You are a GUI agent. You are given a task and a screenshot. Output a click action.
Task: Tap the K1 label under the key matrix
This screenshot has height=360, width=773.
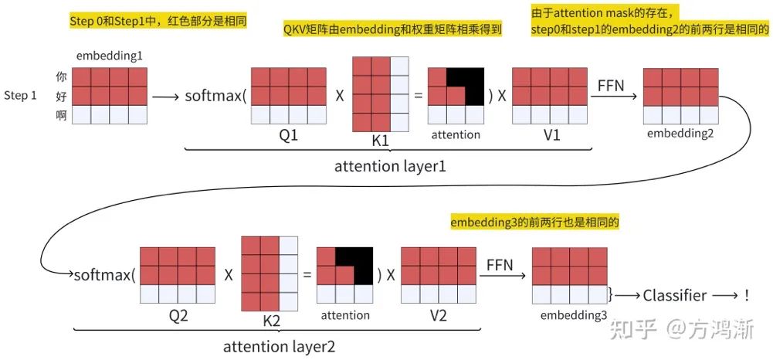tap(380, 141)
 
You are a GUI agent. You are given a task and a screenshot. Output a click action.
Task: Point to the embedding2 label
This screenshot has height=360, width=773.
tap(680, 134)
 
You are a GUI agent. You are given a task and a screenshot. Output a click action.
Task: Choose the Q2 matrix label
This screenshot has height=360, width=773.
tap(177, 316)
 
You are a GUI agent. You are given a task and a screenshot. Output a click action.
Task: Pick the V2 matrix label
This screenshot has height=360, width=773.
tap(438, 316)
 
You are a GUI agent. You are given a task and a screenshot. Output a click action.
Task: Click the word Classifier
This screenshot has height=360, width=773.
tap(675, 295)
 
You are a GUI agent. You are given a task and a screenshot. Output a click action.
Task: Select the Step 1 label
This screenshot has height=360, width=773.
tap(21, 96)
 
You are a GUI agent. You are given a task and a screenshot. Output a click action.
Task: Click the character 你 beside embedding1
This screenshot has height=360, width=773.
tap(62, 77)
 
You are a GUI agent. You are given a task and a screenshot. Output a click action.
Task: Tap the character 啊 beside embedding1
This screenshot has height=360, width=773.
tap(62, 115)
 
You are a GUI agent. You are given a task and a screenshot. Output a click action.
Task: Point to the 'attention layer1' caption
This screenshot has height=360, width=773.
tap(390, 167)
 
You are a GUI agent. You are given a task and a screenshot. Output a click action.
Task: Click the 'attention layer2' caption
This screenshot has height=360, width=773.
tap(279, 347)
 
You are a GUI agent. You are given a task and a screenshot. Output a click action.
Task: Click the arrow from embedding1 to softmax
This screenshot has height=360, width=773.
tap(165, 97)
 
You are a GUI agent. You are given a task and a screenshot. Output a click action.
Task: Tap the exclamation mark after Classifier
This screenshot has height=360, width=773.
tap(747, 294)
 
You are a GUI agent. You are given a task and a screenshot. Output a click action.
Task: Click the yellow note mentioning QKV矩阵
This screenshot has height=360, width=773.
tap(392, 29)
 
